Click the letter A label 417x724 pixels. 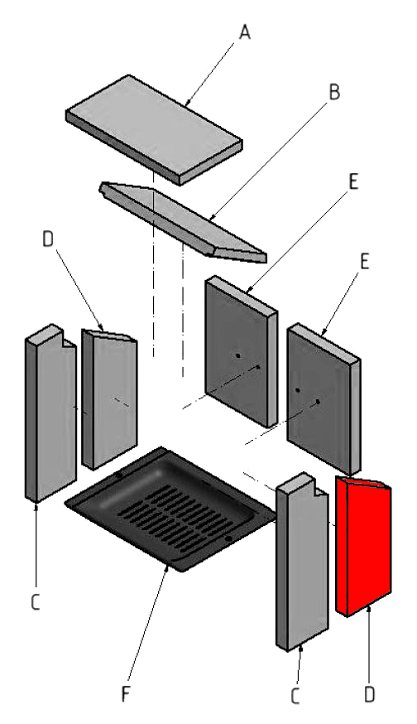[x=244, y=33]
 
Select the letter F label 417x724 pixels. [x=125, y=693]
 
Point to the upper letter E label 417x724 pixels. [x=353, y=182]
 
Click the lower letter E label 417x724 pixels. [x=364, y=262]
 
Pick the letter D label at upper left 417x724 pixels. [x=49, y=240]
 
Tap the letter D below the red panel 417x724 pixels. [x=369, y=695]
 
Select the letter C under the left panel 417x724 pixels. [x=35, y=602]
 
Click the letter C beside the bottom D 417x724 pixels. [x=295, y=697]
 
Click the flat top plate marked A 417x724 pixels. [x=154, y=130]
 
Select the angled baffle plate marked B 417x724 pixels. [x=183, y=223]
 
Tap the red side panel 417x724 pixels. [x=363, y=546]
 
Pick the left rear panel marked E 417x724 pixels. [x=242, y=352]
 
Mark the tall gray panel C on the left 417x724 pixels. [x=50, y=413]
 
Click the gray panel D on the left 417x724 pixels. [x=109, y=399]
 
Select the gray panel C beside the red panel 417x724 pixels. [x=302, y=562]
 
